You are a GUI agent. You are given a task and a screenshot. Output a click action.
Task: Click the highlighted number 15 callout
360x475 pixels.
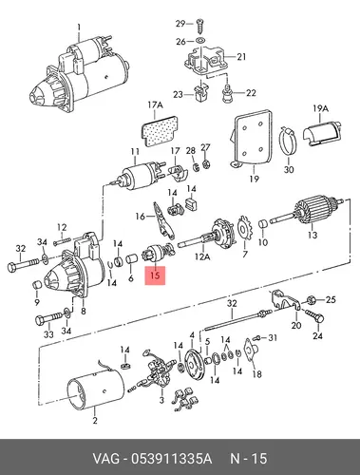pyautogui.click(x=155, y=275)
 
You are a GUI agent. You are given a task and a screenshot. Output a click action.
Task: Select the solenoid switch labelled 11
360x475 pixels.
pyautogui.click(x=141, y=177)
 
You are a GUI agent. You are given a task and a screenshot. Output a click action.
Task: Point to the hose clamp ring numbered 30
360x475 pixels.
pyautogui.click(x=288, y=141)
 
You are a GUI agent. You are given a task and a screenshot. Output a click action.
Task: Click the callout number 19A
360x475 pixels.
pyautogui.click(x=320, y=108)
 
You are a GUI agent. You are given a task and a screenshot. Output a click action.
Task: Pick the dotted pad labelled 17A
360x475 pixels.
pyautogui.click(x=159, y=132)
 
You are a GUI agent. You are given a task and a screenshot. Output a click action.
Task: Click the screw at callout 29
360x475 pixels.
pyautogui.click(x=199, y=25)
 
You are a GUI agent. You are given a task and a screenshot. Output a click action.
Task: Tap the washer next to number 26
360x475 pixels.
pyautogui.click(x=199, y=41)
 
